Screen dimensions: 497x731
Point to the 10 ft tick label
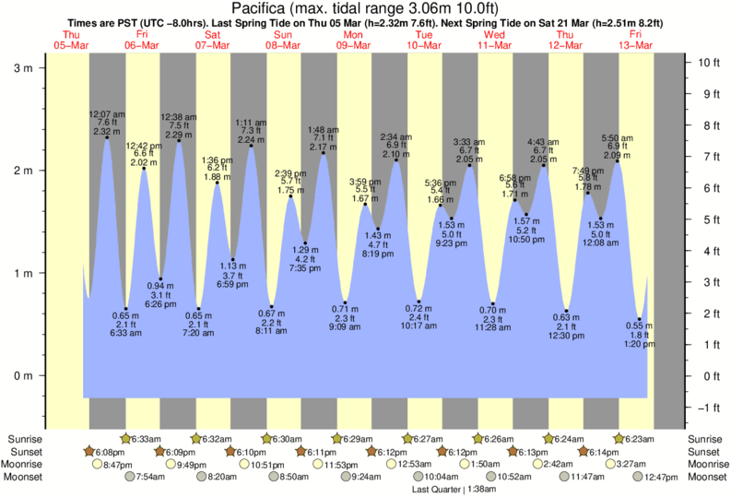(x=707, y=63)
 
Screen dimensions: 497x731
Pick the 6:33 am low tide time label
(x=125, y=333)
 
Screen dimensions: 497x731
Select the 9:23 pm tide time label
(x=452, y=243)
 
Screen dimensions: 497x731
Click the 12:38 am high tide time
(x=178, y=117)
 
